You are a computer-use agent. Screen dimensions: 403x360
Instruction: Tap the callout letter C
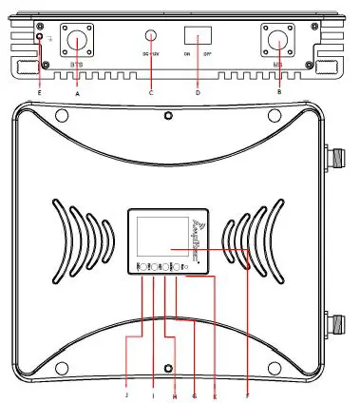151,91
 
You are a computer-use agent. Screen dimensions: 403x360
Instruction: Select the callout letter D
199,91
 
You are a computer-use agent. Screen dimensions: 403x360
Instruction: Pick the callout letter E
40,91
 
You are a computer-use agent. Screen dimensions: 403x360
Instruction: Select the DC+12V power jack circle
151,35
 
